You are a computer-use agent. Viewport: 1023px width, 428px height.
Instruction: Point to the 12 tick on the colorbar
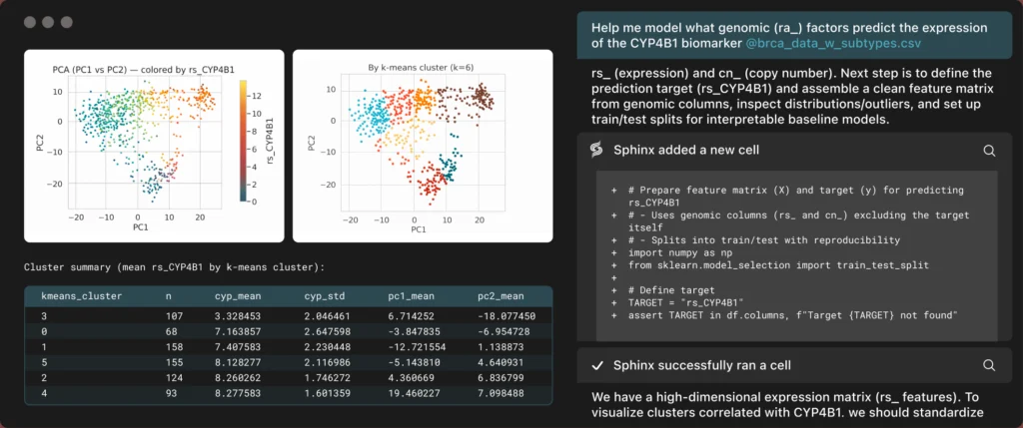coord(258,96)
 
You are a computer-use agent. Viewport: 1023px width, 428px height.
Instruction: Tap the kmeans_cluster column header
coord(82,296)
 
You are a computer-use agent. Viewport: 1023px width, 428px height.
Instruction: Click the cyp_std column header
coord(325,296)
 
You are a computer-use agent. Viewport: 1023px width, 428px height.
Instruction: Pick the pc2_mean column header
coord(501,296)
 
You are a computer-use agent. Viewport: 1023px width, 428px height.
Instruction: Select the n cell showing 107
coord(174,316)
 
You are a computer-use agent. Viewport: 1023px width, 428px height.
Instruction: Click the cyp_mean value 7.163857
coord(238,332)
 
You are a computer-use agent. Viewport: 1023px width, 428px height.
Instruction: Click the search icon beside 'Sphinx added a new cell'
coord(989,151)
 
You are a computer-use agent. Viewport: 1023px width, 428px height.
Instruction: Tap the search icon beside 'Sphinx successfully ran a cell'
coord(989,365)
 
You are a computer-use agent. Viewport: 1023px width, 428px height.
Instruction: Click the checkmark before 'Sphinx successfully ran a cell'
coord(596,365)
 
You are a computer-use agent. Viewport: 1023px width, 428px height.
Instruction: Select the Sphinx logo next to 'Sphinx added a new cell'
coord(596,150)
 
